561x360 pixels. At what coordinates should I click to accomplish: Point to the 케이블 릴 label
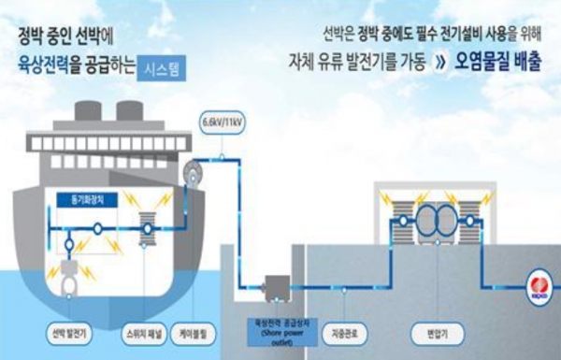point(203,331)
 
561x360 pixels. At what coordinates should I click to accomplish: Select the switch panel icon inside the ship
point(147,230)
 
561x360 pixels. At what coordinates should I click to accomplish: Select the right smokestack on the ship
point(132,115)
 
